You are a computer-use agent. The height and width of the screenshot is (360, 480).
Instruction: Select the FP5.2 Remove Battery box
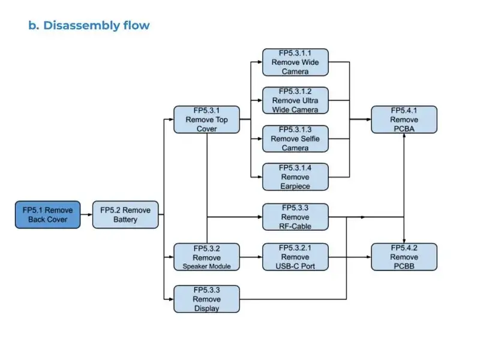(x=125, y=215)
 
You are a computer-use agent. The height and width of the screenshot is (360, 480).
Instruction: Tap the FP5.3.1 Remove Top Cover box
(x=206, y=119)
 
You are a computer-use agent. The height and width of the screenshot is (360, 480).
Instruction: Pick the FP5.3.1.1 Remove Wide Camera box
(x=295, y=62)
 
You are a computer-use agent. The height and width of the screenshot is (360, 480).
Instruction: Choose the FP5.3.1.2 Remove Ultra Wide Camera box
(x=295, y=100)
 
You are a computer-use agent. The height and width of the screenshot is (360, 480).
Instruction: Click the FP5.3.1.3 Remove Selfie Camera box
(x=295, y=139)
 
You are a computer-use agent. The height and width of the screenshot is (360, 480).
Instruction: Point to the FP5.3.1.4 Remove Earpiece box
(x=295, y=177)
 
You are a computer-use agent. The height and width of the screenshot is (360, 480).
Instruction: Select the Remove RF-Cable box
(x=295, y=217)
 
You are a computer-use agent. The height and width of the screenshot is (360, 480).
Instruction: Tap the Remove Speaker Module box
(x=206, y=257)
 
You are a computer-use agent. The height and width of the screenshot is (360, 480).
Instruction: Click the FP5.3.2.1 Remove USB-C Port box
(x=295, y=257)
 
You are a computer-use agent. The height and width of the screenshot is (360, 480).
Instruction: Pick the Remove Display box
(x=206, y=299)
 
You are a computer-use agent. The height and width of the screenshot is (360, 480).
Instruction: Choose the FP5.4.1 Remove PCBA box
(x=404, y=119)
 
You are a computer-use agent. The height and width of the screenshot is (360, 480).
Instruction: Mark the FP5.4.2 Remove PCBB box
(x=404, y=257)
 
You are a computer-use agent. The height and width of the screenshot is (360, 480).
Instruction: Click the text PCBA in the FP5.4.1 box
(x=404, y=128)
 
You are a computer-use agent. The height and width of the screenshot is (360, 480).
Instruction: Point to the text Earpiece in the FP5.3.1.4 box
(x=295, y=186)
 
